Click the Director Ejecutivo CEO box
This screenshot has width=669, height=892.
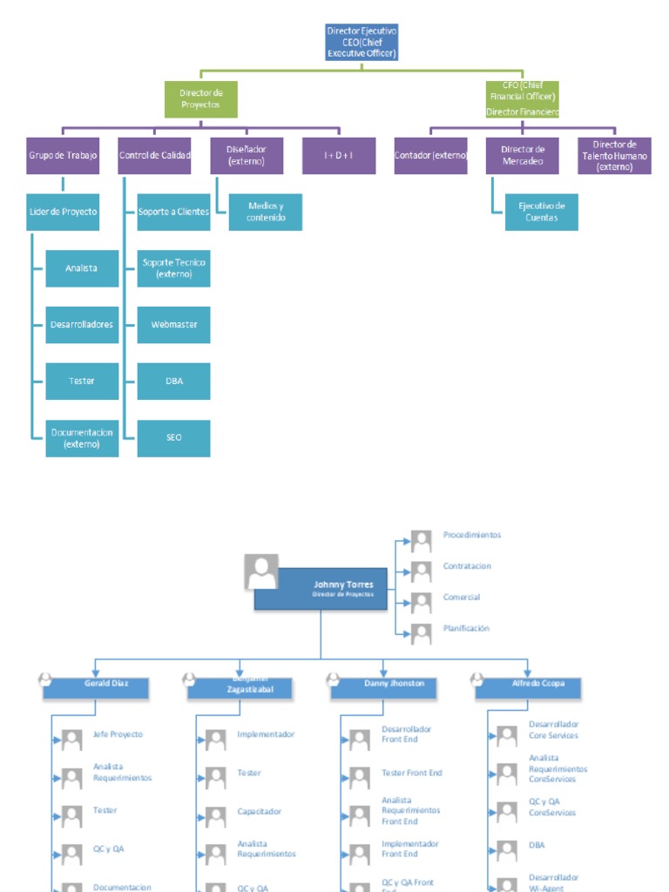362,42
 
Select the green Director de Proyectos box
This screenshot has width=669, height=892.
201,99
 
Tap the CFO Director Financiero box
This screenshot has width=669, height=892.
523,99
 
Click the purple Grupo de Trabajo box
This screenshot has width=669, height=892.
63,155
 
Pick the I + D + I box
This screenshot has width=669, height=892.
339,155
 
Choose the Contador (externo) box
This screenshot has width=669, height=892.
430,155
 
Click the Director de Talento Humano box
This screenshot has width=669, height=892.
614,155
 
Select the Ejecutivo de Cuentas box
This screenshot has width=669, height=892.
542,212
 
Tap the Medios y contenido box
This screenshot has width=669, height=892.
266,212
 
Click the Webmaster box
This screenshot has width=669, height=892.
174,325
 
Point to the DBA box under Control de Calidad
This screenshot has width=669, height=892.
174,382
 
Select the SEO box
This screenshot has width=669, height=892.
174,438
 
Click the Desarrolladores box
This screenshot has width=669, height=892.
82,325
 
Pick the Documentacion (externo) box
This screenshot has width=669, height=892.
82,438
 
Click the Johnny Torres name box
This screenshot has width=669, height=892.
321,590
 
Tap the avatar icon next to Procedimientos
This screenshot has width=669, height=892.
422,541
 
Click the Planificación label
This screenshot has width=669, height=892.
466,628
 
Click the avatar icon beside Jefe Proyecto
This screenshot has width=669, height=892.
71,740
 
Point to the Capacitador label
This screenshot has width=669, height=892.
259,812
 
